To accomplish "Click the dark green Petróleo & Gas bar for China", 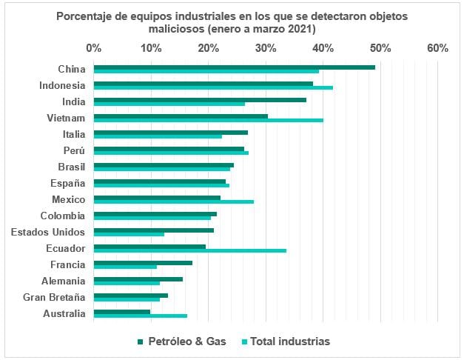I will tap(235, 67).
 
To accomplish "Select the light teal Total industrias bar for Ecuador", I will tap(190, 250).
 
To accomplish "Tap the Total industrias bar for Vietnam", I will tap(209, 120).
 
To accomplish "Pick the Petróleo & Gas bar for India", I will tap(200, 99).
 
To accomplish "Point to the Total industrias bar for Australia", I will tap(141, 316).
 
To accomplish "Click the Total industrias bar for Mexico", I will tap(174, 201).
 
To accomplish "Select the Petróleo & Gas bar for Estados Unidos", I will tap(154, 230).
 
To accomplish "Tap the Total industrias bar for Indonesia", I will tap(213, 87).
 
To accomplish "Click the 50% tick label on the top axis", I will tap(380, 48).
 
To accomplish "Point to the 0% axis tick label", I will tap(94, 48).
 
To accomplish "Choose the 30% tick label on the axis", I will tap(266, 48).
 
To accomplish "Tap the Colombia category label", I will tap(64, 216).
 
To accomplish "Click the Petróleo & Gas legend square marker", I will tap(141, 341).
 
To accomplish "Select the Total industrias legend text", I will tap(290, 341).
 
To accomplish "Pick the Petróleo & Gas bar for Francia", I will tap(143, 262).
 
